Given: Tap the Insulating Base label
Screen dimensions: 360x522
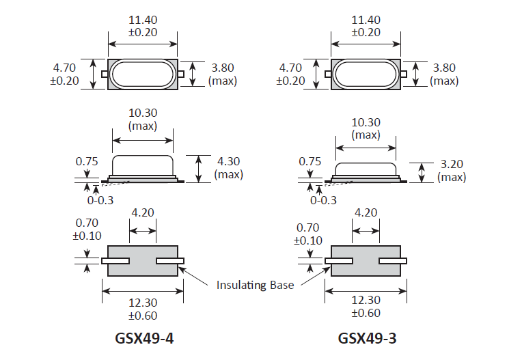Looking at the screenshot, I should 255,284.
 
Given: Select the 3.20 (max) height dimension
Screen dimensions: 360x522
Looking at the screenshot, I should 452,171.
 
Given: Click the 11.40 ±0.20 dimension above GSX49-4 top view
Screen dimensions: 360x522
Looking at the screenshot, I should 143,26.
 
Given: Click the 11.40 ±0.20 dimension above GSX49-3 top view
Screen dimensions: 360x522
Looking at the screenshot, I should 366,26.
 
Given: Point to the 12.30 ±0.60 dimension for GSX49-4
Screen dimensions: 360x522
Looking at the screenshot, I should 143,308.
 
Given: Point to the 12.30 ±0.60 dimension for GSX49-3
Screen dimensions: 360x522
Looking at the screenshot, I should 366,308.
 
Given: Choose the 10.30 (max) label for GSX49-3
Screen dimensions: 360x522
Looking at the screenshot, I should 366,128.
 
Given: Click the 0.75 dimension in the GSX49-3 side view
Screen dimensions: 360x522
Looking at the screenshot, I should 311,162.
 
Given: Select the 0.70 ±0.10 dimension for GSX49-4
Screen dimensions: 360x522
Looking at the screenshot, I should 87,229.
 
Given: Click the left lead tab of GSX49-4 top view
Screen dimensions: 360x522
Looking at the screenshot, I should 105,74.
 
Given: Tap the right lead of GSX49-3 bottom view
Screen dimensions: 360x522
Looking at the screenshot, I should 393,261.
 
